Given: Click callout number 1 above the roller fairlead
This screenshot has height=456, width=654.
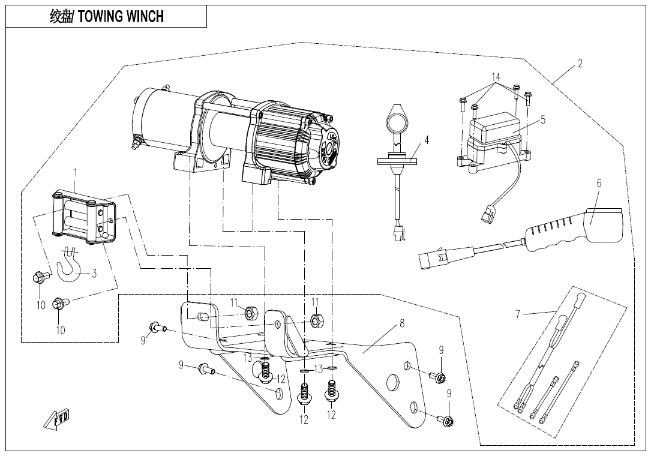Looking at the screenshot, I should [x=76, y=173].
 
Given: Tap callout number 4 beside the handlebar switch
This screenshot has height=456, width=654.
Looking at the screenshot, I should [x=427, y=141].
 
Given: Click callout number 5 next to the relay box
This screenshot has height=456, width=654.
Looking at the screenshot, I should [x=542, y=119].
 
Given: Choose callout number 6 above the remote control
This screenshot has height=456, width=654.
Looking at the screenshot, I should [x=598, y=184].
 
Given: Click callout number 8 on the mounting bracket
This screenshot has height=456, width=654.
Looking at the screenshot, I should [x=402, y=323].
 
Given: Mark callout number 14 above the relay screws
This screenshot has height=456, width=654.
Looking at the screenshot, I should [x=496, y=77].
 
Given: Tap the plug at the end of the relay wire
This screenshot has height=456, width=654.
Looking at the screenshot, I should [x=486, y=215].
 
